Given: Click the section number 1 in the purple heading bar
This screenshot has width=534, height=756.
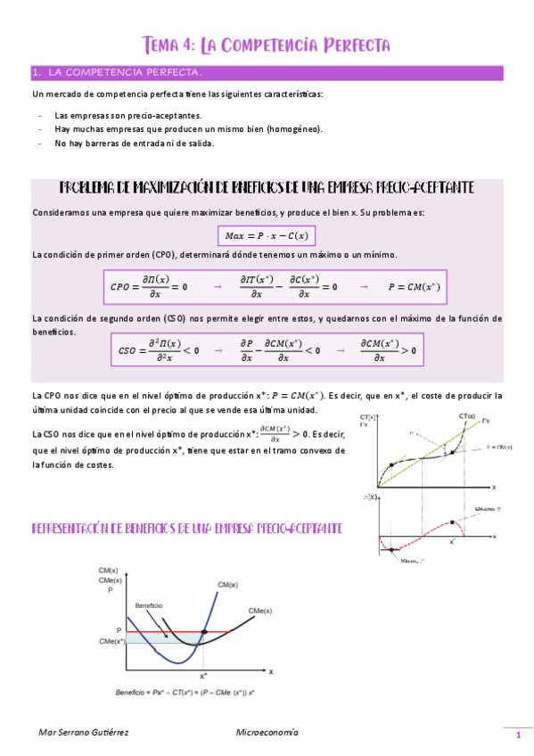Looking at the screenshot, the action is click(35, 72).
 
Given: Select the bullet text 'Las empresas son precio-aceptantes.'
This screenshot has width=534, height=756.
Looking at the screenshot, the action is click(127, 116).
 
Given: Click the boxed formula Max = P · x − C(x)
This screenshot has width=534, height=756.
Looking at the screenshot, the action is click(267, 235).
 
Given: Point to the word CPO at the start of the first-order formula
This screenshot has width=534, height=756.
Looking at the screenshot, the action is click(119, 287).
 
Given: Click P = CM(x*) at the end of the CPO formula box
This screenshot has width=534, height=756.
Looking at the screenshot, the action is click(414, 287).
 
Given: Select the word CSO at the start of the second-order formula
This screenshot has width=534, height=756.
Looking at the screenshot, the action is click(129, 350).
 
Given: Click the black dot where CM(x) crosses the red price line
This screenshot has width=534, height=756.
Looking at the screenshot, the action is click(205, 632).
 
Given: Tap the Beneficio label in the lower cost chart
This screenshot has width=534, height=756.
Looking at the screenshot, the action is click(149, 605).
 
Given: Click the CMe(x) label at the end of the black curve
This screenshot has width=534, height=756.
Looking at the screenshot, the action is click(259, 610).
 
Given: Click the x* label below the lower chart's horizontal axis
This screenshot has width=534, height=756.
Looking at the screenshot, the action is click(203, 677).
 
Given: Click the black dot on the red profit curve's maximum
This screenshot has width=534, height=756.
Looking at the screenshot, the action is click(453, 521).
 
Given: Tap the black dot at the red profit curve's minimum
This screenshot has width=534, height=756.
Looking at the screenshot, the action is click(390, 550).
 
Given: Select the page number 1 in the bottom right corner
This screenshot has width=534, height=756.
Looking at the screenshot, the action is click(517, 735).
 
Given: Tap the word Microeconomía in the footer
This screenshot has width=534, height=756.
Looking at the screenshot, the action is click(267, 732).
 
